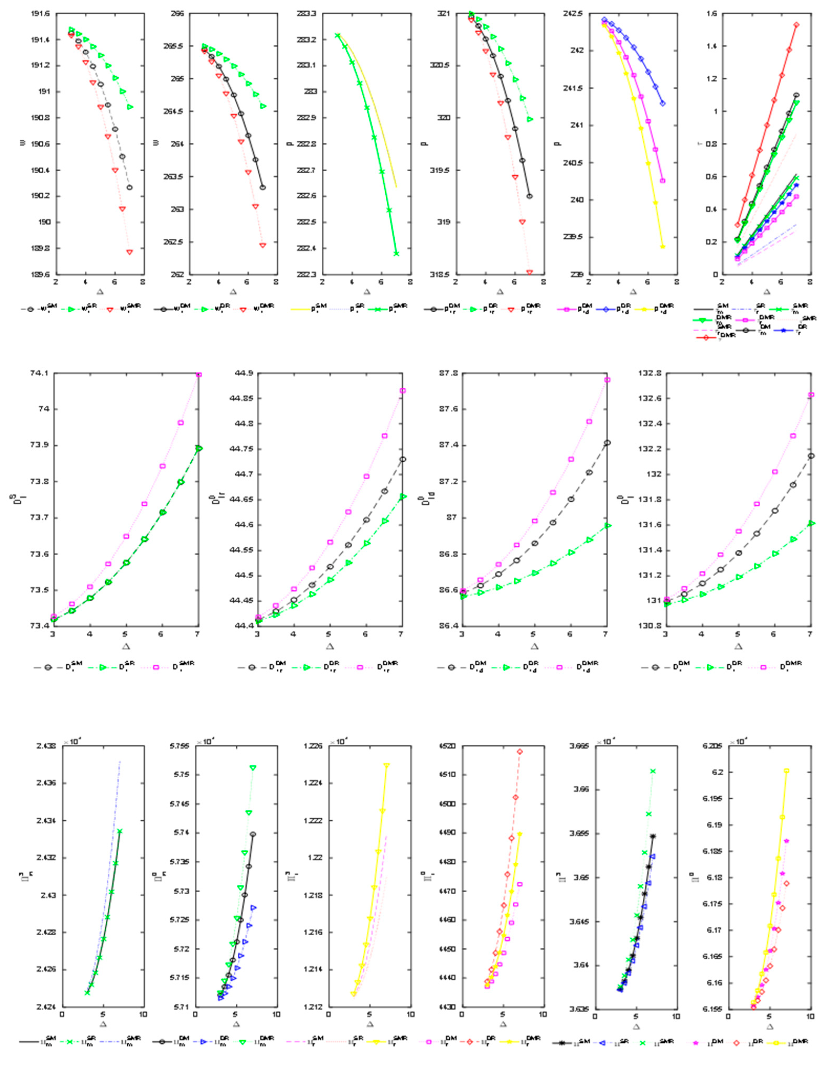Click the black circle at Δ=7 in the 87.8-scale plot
click(607, 442)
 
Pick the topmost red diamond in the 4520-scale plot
click(520, 751)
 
